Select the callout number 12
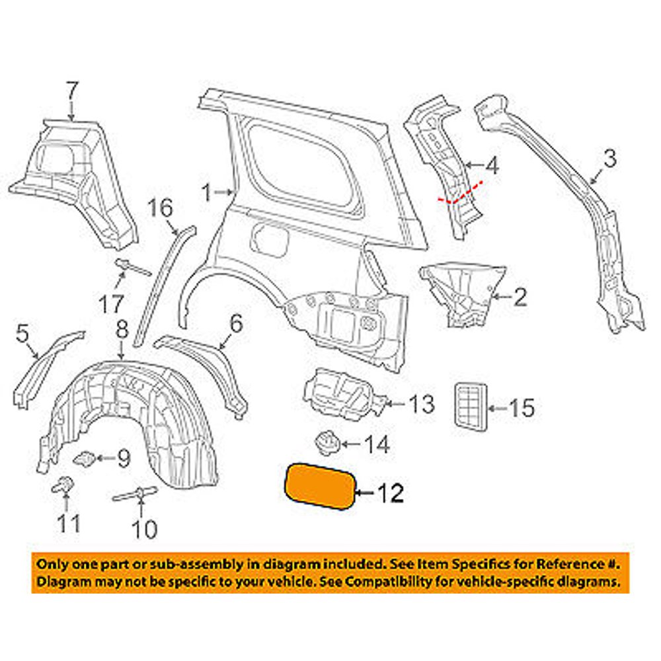(389, 493)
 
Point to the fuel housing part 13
(340, 395)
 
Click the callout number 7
(71, 90)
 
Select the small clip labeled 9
(84, 458)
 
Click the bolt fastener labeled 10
(137, 494)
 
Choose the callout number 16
(159, 208)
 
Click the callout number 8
(121, 329)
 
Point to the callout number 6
(236, 323)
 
